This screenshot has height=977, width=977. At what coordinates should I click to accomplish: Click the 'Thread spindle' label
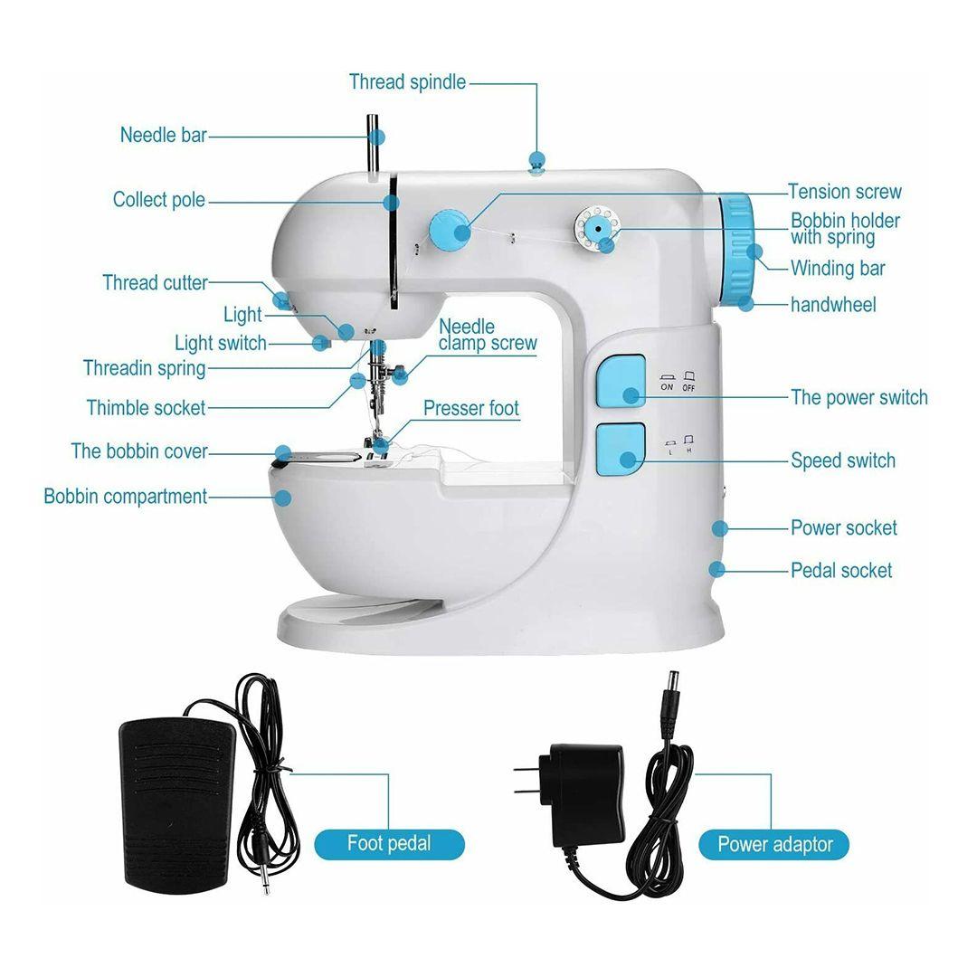click(407, 82)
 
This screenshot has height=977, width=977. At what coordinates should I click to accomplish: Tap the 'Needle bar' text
click(163, 135)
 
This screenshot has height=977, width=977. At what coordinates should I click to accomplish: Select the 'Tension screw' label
click(844, 191)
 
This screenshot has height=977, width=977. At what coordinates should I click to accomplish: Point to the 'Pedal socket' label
click(841, 570)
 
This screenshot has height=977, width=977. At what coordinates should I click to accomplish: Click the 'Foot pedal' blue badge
click(389, 844)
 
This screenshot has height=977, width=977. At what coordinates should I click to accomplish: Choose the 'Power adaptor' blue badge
click(774, 844)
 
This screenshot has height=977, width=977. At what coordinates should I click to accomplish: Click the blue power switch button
click(621, 382)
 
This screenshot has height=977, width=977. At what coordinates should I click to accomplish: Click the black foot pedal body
click(177, 805)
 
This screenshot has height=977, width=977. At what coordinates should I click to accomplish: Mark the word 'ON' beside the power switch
click(667, 387)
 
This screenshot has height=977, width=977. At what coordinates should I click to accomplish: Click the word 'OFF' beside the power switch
click(688, 387)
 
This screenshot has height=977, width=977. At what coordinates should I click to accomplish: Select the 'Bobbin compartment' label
click(125, 497)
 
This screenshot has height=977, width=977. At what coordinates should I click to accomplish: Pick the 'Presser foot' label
click(471, 408)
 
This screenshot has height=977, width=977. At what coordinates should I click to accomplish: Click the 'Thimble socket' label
click(146, 408)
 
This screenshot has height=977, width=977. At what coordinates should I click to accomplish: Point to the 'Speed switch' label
click(843, 460)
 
